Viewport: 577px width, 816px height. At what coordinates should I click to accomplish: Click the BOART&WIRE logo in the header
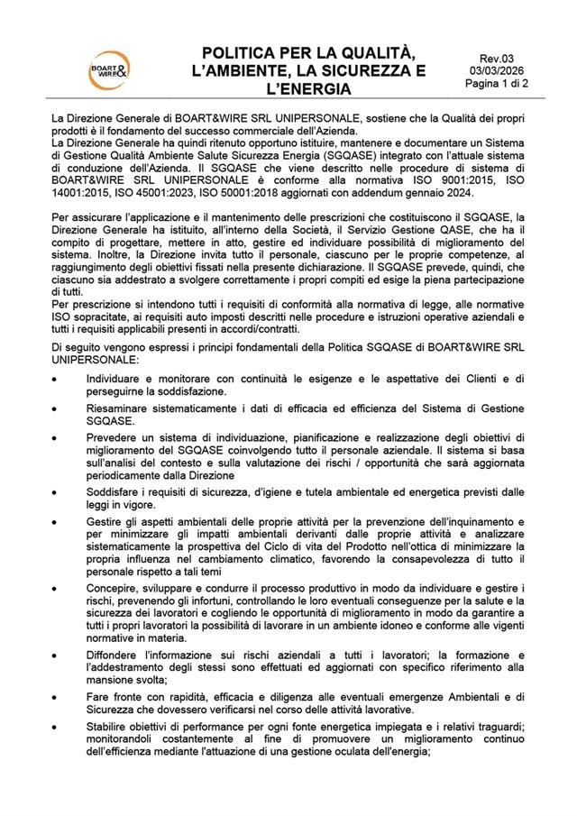point(105,67)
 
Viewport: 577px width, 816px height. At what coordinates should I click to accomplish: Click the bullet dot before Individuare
point(56,380)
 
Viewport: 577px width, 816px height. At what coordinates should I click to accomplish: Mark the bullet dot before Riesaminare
point(56,409)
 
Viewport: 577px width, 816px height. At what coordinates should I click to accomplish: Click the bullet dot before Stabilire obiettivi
point(56,727)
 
